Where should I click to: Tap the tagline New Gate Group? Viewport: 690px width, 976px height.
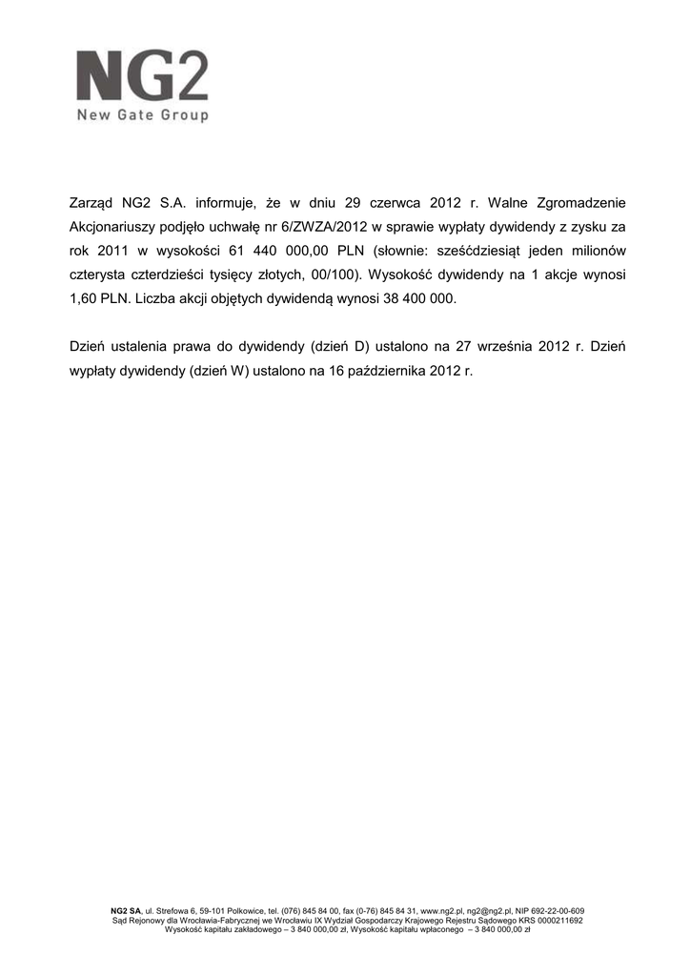pos(143,116)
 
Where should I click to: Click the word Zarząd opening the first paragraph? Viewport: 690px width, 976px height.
pos(92,203)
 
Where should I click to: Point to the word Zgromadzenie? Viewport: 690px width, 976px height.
pos(577,203)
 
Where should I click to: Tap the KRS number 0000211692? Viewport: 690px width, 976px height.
pos(558,921)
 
